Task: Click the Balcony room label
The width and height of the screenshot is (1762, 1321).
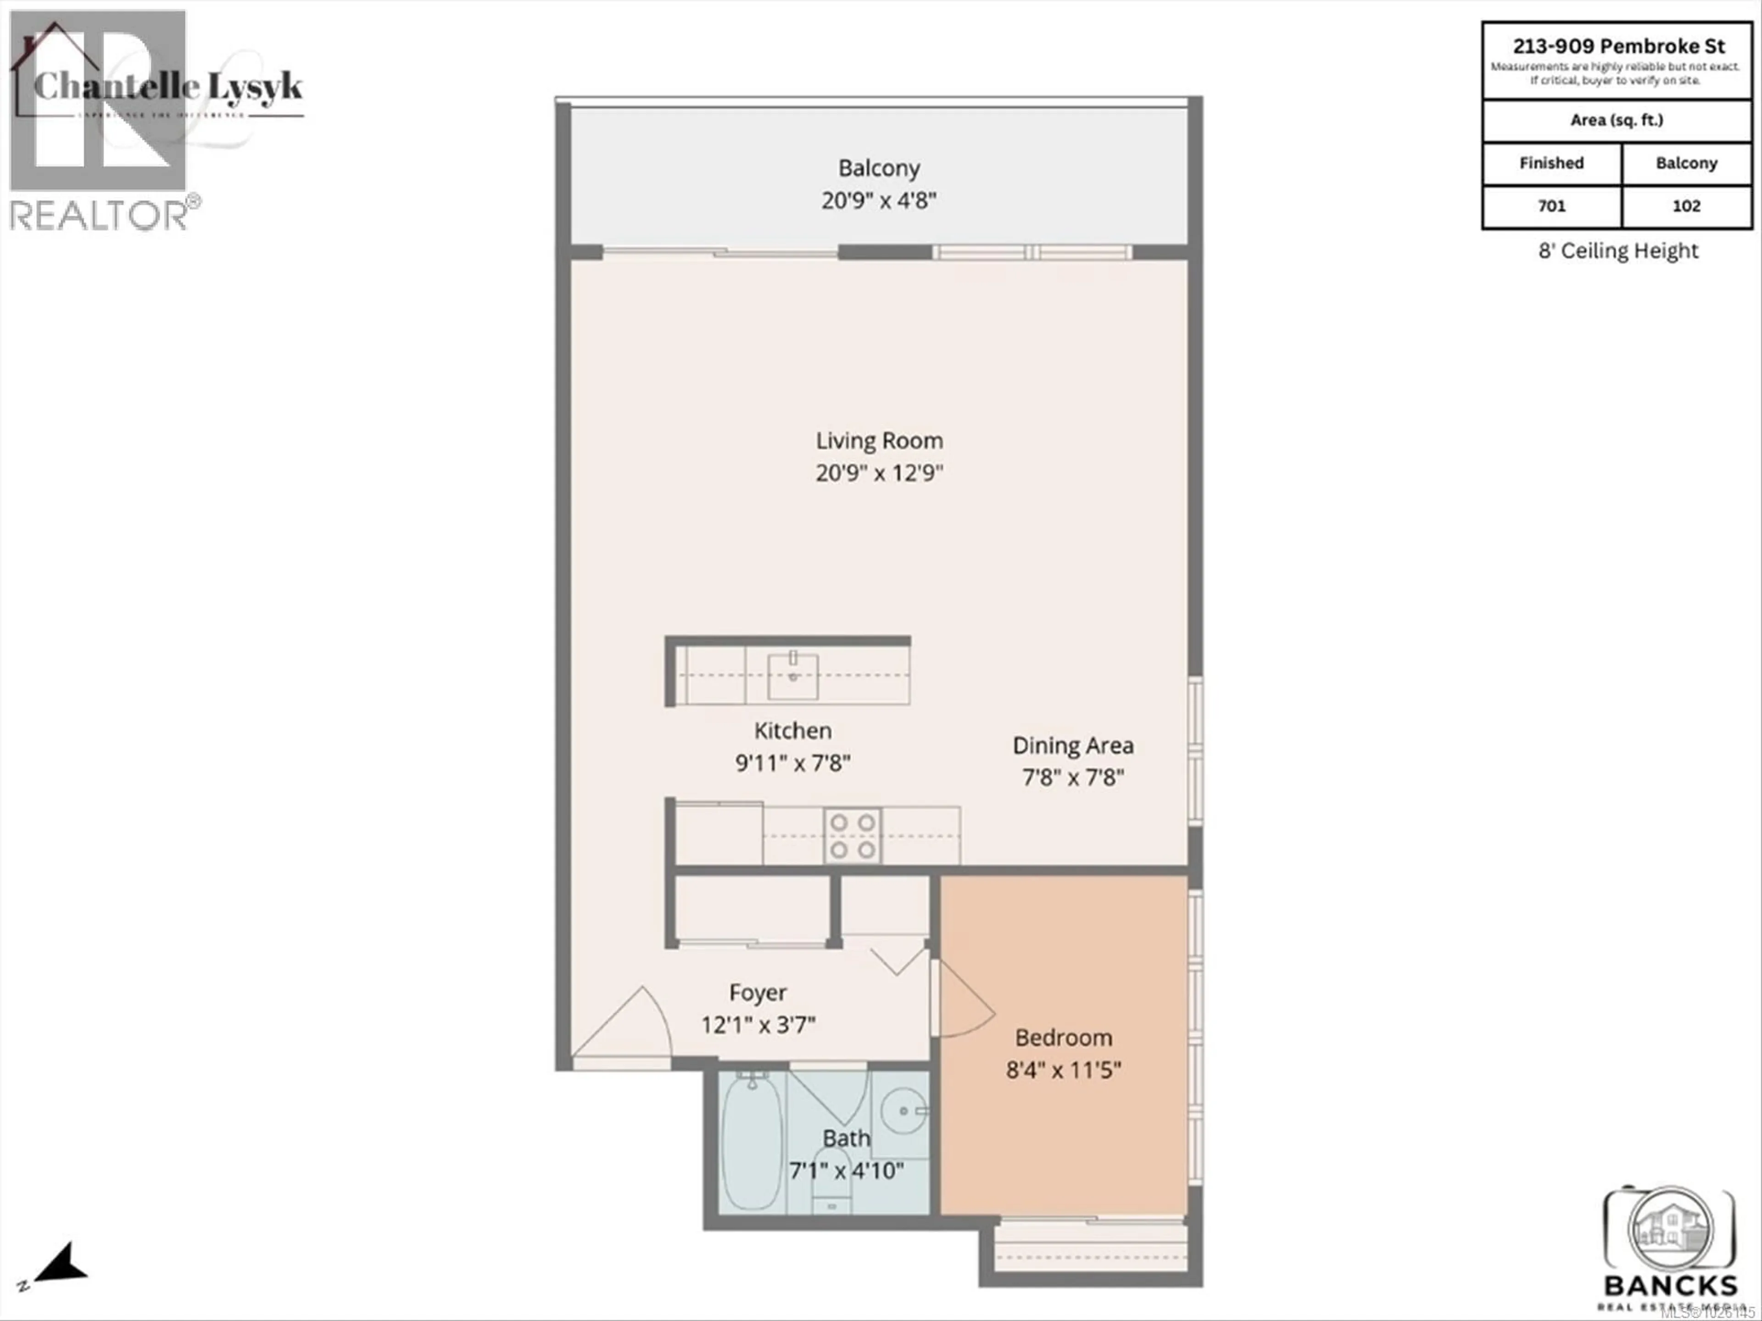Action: (879, 168)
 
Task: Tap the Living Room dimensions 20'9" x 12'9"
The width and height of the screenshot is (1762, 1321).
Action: (879, 473)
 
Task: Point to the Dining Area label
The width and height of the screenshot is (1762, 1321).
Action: (1072, 745)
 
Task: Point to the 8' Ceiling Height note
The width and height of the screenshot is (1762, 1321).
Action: (1618, 251)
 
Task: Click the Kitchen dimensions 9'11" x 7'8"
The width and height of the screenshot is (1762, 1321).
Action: (792, 763)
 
